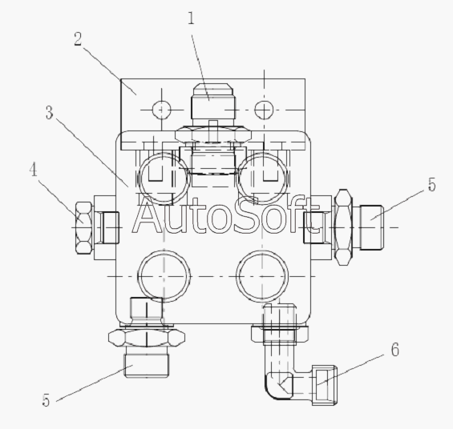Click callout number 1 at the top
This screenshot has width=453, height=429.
(191, 18)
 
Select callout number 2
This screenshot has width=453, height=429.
(78, 39)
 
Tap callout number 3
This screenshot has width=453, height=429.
(50, 112)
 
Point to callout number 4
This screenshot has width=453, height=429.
(34, 169)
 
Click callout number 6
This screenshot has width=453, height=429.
(395, 350)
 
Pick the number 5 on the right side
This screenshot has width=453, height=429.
(431, 185)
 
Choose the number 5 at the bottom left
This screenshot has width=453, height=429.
(46, 400)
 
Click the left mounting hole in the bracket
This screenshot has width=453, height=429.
(161, 110)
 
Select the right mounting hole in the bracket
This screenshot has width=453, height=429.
(264, 110)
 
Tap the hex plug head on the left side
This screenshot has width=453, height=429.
(83, 228)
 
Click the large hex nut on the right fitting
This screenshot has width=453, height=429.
(343, 227)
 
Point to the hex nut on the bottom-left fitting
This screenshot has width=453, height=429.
(147, 338)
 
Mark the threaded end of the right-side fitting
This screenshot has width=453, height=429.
(371, 227)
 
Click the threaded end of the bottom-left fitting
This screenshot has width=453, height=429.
(147, 366)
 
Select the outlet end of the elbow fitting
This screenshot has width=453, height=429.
(325, 385)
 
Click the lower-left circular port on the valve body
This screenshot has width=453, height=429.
(164, 276)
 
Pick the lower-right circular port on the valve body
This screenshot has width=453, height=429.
(262, 276)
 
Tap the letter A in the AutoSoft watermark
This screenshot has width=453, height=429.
(147, 217)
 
